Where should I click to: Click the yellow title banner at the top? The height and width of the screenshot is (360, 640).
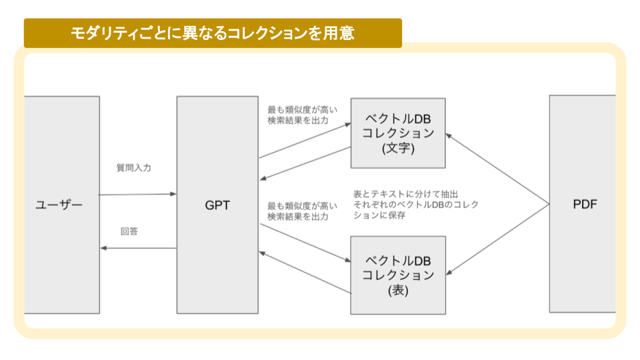(x=213, y=33)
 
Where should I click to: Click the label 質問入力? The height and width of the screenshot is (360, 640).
(x=133, y=168)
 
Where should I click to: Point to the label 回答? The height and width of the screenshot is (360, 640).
(x=129, y=231)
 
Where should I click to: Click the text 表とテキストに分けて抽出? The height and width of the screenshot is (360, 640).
(x=406, y=193)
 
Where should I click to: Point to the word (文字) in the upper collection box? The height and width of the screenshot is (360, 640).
(x=398, y=149)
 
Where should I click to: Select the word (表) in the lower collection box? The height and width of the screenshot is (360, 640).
(x=398, y=291)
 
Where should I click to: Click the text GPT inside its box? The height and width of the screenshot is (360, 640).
(x=217, y=205)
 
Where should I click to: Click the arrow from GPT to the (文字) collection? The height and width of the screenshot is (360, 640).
(x=305, y=141)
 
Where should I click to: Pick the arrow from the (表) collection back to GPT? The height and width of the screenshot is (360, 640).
(x=305, y=272)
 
